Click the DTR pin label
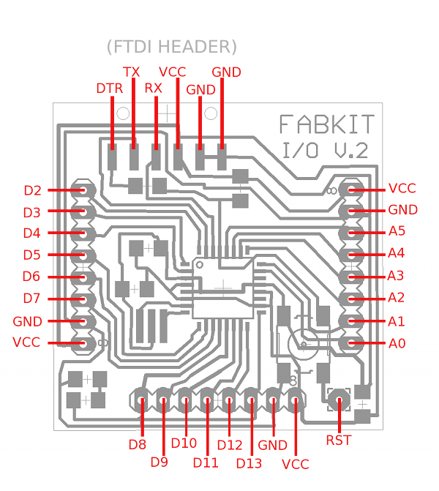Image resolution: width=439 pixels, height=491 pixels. point(110,89)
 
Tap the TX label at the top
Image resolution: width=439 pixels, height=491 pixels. point(131,72)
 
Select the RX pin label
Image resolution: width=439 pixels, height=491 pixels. point(154,89)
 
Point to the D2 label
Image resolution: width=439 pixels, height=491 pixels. point(32,191)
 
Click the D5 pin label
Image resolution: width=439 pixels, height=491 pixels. point(32,255)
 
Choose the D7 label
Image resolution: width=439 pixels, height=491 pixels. point(32,299)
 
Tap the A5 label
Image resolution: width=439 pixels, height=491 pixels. point(397,231)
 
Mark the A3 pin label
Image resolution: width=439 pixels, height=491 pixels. point(397,276)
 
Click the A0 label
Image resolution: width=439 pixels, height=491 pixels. point(397,343)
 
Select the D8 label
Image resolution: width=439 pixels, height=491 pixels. point(138,444)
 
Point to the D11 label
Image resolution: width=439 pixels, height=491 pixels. point(206,462)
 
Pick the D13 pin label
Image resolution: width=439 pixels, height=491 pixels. point(249,462)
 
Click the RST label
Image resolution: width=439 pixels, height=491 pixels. point(339,440)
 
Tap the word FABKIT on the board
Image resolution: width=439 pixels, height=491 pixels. point(327,124)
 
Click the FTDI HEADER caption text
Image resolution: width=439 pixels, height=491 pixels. point(172,47)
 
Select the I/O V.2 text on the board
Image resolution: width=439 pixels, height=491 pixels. point(326,151)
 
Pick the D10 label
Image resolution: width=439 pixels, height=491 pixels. point(184,443)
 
